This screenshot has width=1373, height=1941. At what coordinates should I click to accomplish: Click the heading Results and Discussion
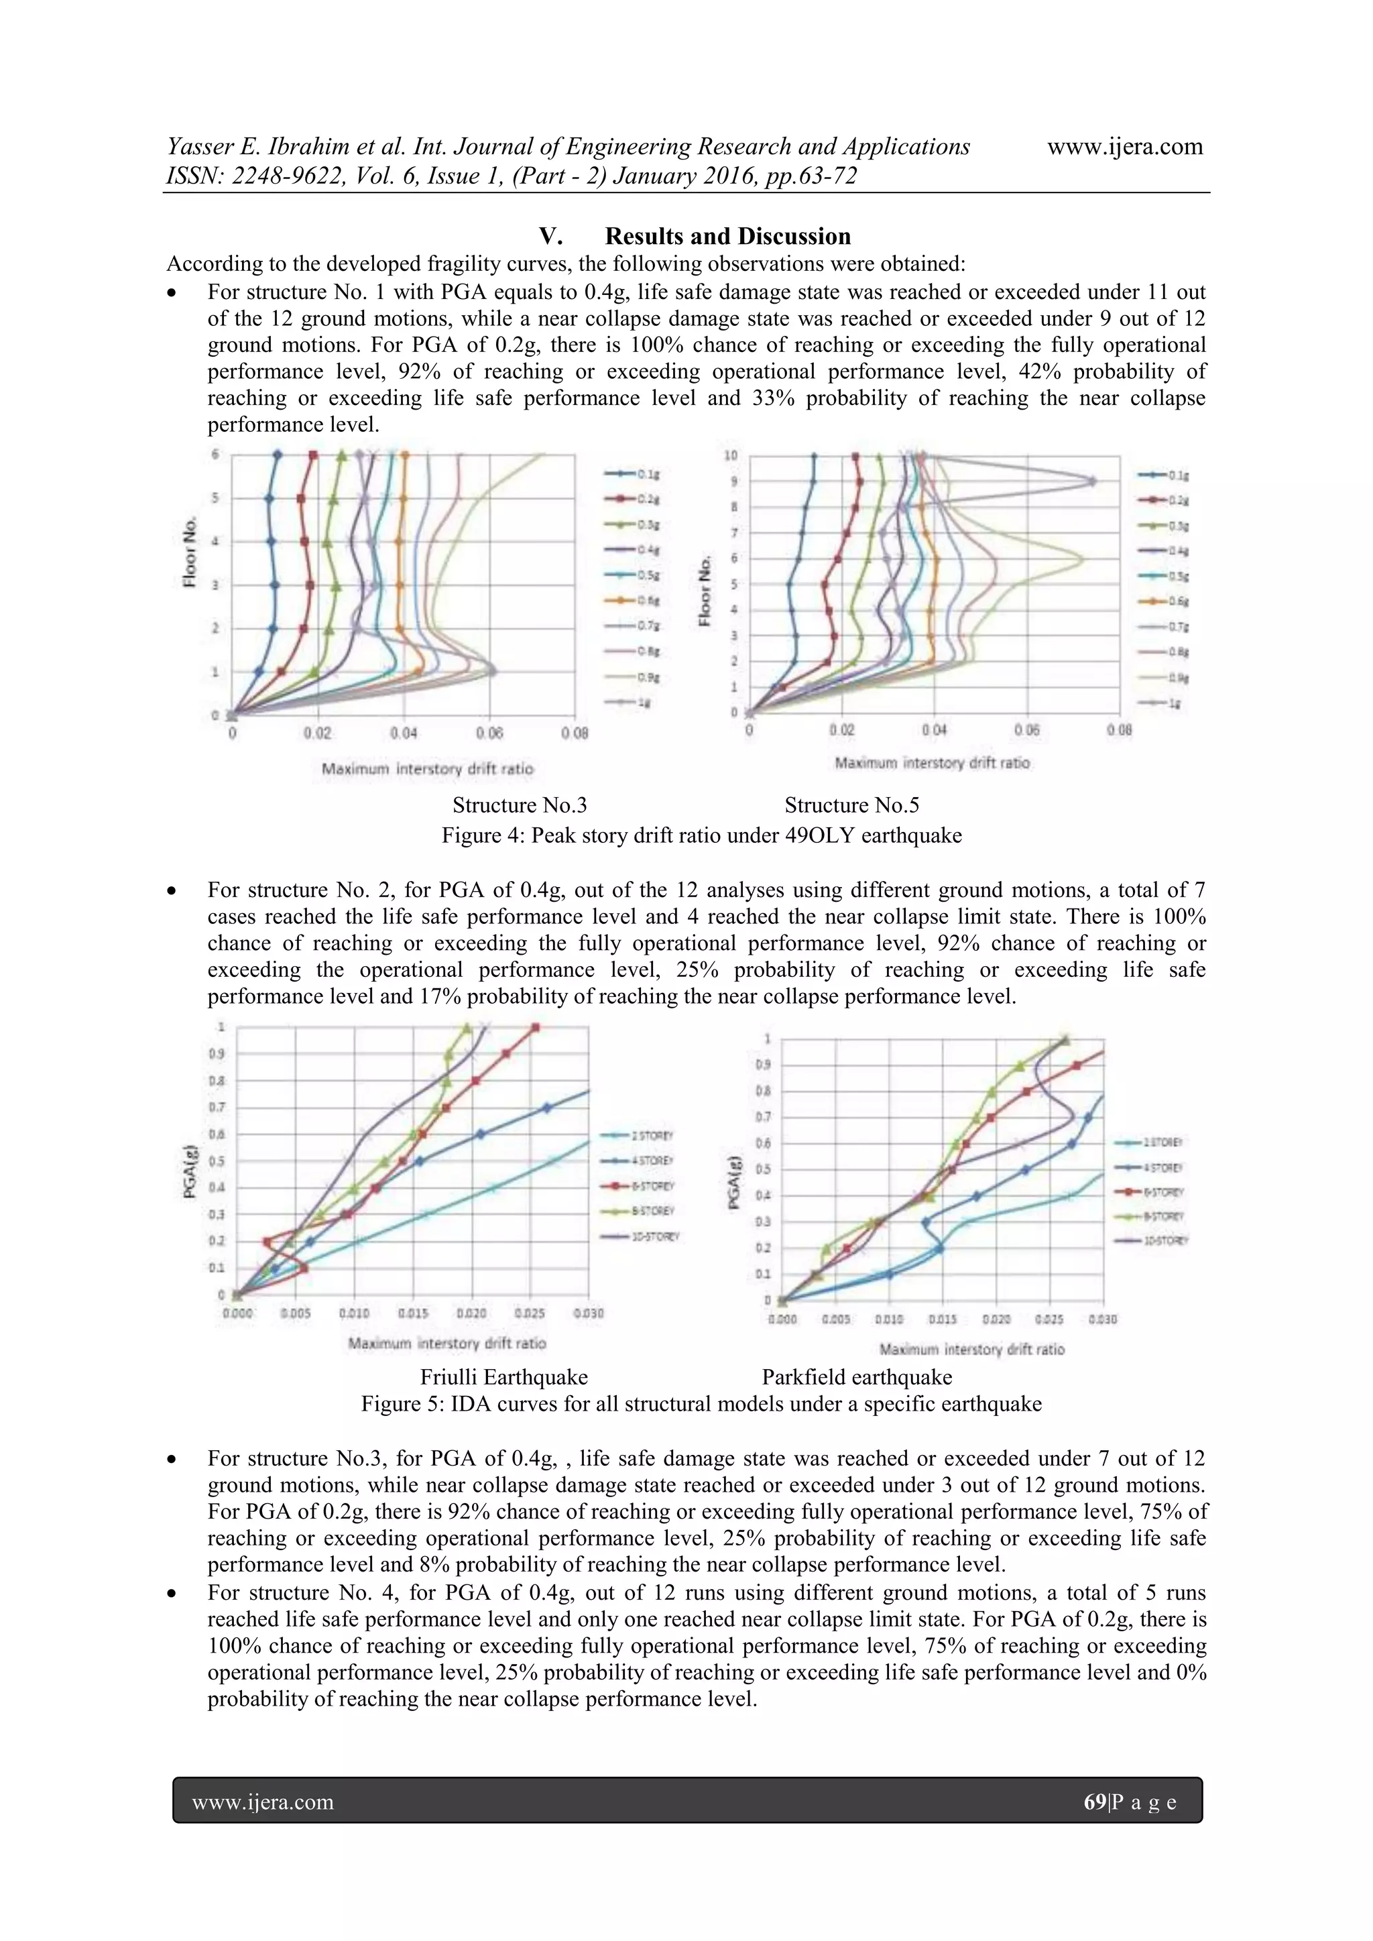coord(727,236)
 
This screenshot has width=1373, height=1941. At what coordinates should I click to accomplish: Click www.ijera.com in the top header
coord(1124,147)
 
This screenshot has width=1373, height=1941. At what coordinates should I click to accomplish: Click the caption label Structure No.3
coord(519,804)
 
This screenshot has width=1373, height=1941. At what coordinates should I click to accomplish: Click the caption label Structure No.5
coord(851,804)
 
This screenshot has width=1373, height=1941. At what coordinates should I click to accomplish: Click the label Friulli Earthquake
coord(504,1376)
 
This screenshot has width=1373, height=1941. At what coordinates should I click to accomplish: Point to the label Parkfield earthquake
coord(856,1376)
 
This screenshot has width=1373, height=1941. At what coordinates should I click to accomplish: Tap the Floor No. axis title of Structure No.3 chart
coord(191,551)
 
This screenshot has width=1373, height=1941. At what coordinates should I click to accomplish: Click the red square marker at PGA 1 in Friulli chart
coord(535,1027)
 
